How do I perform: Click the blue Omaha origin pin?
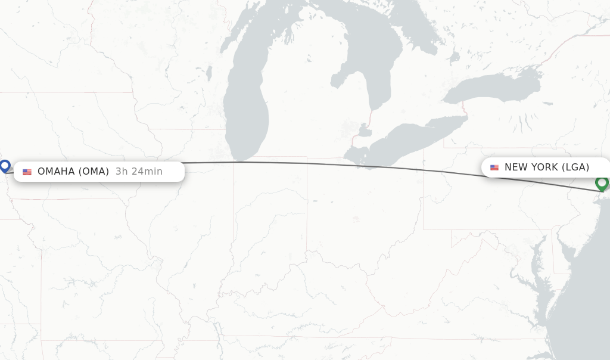pyautogui.click(x=5, y=166)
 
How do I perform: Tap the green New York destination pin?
pyautogui.click(x=602, y=182)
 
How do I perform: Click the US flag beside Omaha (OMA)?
pyautogui.click(x=27, y=172)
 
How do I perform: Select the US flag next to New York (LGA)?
pyautogui.click(x=494, y=167)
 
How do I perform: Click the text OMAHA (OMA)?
pyautogui.click(x=73, y=172)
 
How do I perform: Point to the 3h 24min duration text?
pyautogui.click(x=139, y=172)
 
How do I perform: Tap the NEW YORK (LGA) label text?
pyautogui.click(x=547, y=167)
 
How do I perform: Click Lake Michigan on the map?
pyautogui.click(x=247, y=101)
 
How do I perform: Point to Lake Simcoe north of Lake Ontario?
pyautogui.click(x=454, y=57)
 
